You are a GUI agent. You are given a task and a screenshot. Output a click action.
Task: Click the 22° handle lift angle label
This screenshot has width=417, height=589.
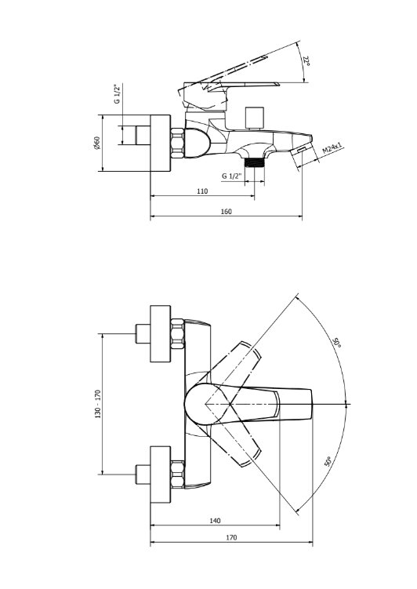[x=306, y=61]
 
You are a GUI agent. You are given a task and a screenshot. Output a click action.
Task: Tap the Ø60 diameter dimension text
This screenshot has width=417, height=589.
[x=97, y=143]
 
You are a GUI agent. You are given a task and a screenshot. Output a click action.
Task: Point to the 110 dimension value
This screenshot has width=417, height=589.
[x=202, y=191]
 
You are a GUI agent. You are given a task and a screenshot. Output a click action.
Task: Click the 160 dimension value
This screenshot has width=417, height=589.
[x=227, y=212]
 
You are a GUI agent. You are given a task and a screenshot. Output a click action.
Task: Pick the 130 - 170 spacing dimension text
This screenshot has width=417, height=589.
[x=98, y=404]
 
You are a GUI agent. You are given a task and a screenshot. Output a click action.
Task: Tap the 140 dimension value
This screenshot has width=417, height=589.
[x=215, y=521]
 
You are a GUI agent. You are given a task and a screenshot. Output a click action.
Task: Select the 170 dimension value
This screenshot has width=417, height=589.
[x=231, y=537]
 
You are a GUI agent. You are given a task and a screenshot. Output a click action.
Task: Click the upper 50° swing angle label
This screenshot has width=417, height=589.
[x=336, y=343]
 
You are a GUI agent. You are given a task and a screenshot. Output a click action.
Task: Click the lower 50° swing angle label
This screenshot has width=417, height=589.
[x=328, y=462]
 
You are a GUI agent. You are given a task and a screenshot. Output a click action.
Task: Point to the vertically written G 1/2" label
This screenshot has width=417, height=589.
[x=118, y=94]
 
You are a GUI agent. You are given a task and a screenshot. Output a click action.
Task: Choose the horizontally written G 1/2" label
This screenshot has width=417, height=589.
[x=231, y=176]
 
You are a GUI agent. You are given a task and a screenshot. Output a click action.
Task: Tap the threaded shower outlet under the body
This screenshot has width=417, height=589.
[x=254, y=162]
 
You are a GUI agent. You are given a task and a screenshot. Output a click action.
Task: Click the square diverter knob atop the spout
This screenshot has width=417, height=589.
[x=254, y=118]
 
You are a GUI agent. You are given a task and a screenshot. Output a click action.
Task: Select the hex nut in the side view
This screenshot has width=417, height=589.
[x=177, y=143]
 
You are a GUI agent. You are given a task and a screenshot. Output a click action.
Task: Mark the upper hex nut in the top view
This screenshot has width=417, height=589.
[x=177, y=334]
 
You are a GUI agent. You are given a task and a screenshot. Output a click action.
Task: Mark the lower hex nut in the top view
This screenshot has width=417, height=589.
[x=177, y=474]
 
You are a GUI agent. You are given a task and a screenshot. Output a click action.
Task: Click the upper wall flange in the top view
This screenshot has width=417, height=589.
[x=160, y=334]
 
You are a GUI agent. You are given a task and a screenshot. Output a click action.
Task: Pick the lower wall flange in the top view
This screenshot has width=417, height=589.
[x=160, y=474]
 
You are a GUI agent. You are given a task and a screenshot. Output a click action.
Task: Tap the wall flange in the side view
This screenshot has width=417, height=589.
[x=160, y=143]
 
